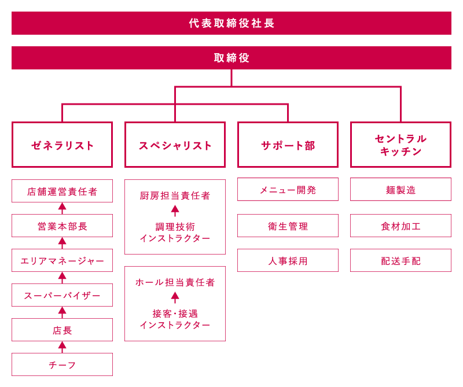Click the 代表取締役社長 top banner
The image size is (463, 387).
231,23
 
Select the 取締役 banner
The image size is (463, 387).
231,58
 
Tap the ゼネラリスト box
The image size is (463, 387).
63,145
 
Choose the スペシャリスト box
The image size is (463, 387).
175,145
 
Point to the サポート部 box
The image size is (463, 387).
288,145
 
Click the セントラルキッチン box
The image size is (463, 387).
400,145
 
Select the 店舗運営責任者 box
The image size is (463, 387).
63,191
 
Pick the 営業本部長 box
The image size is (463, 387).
63,226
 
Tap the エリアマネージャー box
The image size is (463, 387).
63,260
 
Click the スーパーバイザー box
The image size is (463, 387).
63,295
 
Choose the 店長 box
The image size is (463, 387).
63,330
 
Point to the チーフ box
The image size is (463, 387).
63,364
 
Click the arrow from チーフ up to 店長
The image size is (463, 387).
63,347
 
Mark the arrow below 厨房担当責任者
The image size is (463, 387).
175,211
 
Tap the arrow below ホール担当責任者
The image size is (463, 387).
175,297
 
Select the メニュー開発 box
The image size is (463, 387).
288,189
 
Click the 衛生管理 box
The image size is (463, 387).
288,226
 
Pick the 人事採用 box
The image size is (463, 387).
288,260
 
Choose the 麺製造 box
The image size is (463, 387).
400,189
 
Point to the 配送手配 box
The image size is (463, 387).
400,260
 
